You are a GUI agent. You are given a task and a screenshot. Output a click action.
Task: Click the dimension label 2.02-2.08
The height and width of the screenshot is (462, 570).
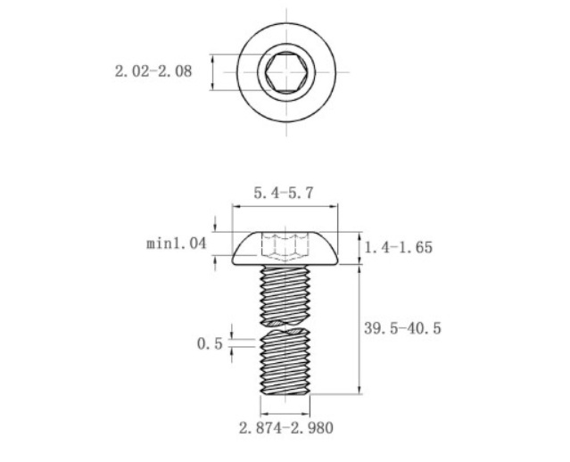(153, 72)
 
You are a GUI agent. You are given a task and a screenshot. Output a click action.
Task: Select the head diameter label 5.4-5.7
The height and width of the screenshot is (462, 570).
(285, 193)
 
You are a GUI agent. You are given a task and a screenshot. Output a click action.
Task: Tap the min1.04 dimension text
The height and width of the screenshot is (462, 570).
(176, 243)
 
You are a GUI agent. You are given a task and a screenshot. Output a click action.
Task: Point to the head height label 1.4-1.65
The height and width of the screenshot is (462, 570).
(399, 247)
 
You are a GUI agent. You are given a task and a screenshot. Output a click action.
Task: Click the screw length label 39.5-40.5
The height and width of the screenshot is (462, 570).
(403, 328)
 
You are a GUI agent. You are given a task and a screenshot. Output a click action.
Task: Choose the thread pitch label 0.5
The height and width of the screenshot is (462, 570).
(209, 343)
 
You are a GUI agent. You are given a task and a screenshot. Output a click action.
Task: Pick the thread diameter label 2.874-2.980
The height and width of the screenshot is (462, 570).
(285, 429)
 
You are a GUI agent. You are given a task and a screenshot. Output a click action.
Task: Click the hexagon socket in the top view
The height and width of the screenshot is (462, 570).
(285, 71)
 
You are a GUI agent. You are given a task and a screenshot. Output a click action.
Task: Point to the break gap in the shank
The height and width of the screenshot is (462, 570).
(285, 326)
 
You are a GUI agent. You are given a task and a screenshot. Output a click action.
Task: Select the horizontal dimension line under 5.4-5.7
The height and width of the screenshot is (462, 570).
(285, 205)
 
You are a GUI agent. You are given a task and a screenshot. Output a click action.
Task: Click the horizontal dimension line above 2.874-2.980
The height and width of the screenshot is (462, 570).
(285, 415)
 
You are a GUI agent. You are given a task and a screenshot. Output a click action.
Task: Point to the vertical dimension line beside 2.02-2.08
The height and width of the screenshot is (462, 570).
(213, 71)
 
